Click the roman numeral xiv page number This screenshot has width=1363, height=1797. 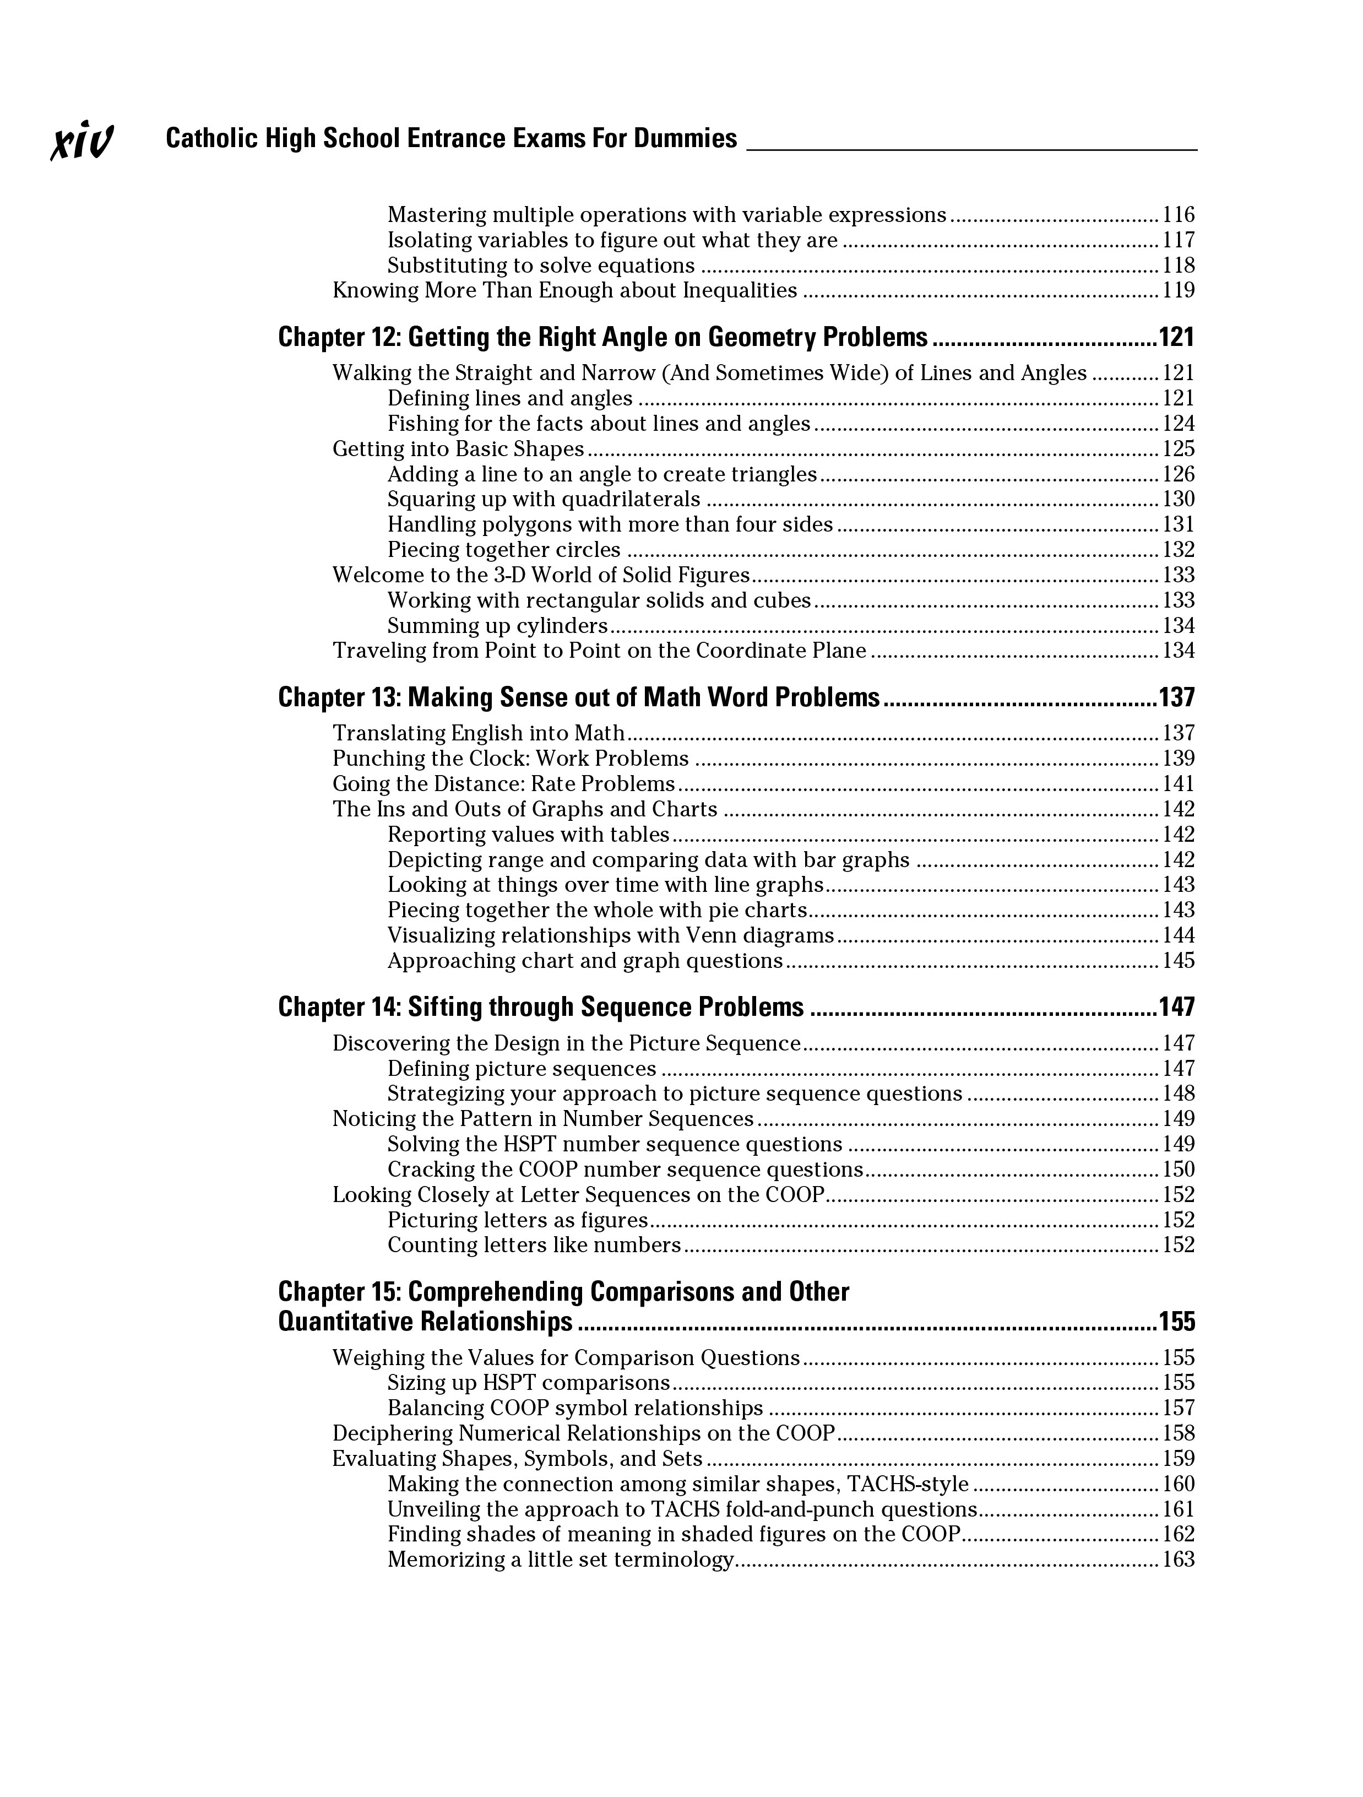82,142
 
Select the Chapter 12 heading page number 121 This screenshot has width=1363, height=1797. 1176,337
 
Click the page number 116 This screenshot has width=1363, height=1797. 1179,215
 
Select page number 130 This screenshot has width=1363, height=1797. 1179,500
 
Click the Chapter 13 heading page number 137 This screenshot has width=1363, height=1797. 1176,698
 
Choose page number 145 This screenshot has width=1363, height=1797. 1179,961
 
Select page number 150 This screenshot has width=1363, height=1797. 1179,1170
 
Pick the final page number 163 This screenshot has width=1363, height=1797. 1179,1560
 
